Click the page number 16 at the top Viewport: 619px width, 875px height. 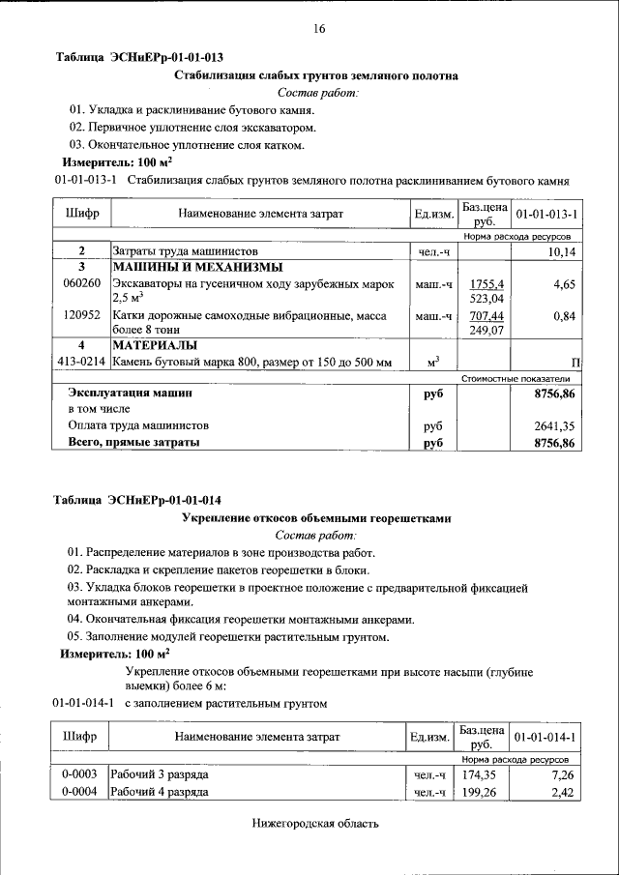point(318,29)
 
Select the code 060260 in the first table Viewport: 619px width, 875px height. point(81,284)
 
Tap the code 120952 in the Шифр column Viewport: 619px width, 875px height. point(81,315)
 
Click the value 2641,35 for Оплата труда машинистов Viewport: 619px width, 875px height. point(554,425)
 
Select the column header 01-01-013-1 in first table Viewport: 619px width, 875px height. point(546,214)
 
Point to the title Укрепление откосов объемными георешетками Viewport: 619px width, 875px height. point(316,518)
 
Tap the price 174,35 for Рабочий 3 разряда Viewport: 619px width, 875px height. point(478,775)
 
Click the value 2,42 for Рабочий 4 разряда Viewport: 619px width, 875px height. point(564,793)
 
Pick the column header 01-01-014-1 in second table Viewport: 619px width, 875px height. point(546,738)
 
